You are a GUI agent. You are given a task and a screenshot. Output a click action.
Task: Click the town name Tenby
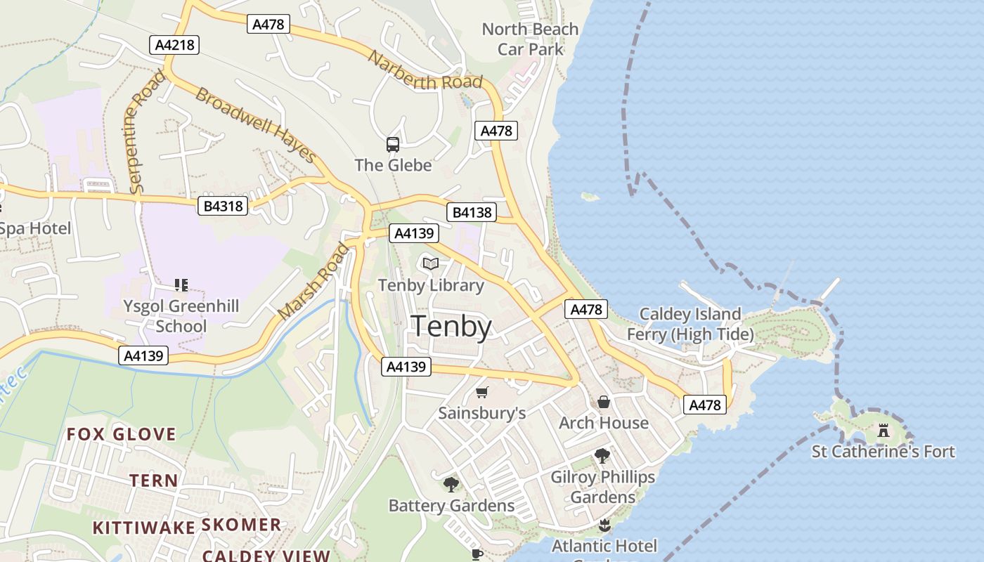coord(451,327)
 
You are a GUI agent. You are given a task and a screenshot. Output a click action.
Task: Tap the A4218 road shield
coord(175,45)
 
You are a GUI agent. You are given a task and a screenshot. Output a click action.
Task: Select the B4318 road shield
coord(224,206)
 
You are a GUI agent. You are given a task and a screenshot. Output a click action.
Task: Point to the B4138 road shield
coord(471,212)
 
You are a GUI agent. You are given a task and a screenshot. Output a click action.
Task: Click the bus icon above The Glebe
coord(393,145)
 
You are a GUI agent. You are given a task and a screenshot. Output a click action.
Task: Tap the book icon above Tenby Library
coord(431,264)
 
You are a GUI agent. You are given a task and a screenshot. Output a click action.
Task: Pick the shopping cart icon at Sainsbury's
coord(481,392)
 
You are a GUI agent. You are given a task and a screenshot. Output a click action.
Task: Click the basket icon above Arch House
coord(604,402)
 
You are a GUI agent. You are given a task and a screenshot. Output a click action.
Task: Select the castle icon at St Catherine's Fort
coord(883,430)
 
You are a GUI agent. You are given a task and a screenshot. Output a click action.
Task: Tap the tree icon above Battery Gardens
coord(451,484)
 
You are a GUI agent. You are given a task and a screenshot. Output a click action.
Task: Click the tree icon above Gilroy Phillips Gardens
coord(602,455)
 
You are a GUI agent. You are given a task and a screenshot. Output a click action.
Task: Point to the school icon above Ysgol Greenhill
coord(181,285)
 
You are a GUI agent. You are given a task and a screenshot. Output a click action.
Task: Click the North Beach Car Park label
coord(531,39)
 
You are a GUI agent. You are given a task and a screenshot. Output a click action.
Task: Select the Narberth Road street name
coord(425,72)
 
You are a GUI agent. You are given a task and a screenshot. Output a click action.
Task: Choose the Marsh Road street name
coord(313,281)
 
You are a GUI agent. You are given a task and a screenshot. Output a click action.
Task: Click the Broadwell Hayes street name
coord(254,124)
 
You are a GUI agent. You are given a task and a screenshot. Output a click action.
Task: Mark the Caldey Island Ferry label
coord(690,324)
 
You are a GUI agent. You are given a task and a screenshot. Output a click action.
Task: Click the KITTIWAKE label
coord(144,528)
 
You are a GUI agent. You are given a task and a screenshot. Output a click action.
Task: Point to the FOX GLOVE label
coord(121,434)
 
